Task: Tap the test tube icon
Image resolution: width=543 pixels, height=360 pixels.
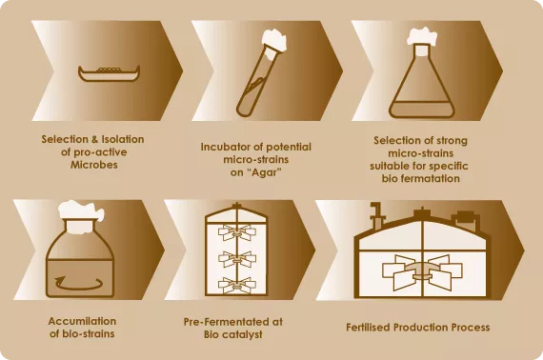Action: (x=261, y=74)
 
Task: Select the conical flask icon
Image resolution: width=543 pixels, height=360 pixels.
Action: (x=421, y=73)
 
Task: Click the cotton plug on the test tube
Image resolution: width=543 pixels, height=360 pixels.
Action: (x=274, y=41)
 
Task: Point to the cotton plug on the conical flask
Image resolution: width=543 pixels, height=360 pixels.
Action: (x=422, y=37)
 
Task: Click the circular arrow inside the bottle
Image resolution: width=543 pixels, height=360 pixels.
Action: (x=79, y=283)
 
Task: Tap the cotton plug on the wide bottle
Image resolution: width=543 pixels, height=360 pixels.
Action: (x=81, y=210)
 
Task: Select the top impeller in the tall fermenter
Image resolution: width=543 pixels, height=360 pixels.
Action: (x=237, y=232)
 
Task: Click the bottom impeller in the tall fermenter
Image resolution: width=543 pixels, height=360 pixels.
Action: (x=237, y=285)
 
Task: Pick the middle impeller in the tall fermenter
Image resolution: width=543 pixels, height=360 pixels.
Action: (x=237, y=259)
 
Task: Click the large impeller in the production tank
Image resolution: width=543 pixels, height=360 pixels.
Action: (x=422, y=271)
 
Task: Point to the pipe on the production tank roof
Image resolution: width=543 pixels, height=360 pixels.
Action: (x=376, y=215)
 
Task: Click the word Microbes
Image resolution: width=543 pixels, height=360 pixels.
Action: (x=94, y=165)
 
